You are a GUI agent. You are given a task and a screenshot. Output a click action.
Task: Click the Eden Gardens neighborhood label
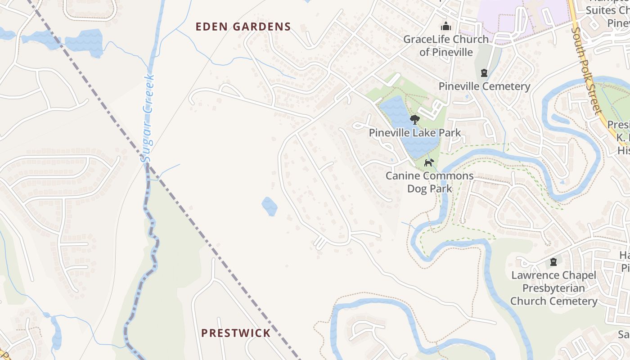(x=243, y=27)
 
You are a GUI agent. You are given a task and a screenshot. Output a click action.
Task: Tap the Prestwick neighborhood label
(x=236, y=333)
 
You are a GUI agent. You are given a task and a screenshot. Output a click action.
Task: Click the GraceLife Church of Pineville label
(x=446, y=45)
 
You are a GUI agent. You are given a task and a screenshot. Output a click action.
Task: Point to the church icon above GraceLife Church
(x=446, y=26)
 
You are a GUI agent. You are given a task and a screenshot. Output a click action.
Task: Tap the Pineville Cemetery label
(x=485, y=86)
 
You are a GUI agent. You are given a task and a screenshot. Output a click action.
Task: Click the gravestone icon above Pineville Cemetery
(x=484, y=72)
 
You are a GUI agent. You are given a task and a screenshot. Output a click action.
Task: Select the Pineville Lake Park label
(x=415, y=133)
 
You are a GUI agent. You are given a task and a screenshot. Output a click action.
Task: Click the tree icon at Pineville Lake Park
(x=415, y=119)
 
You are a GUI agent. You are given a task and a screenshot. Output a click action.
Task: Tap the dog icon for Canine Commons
(x=429, y=162)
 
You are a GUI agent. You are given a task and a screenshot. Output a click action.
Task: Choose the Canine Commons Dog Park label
(x=429, y=182)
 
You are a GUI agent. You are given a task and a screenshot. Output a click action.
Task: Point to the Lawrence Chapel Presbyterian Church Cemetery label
(x=553, y=288)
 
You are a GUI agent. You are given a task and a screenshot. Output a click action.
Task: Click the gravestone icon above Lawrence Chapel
(x=553, y=262)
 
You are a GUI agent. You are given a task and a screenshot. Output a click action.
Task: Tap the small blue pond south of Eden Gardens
(x=270, y=206)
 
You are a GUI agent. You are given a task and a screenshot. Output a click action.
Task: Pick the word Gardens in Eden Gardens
(x=262, y=27)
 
